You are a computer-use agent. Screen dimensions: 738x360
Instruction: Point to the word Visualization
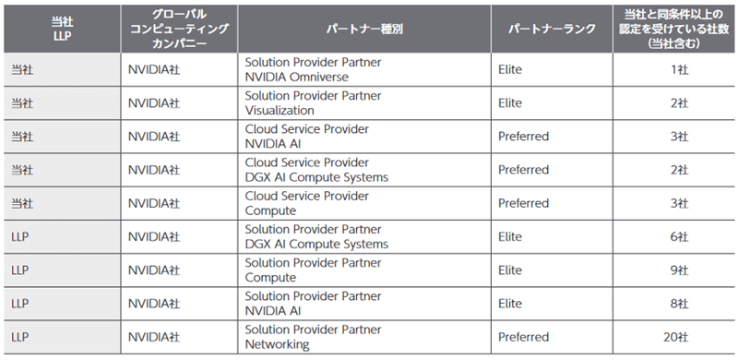click(282, 111)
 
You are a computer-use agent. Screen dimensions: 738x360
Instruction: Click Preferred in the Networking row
click(523, 336)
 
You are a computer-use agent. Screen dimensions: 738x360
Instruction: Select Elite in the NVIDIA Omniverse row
click(510, 70)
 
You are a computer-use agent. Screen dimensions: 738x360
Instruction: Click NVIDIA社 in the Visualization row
click(153, 103)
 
